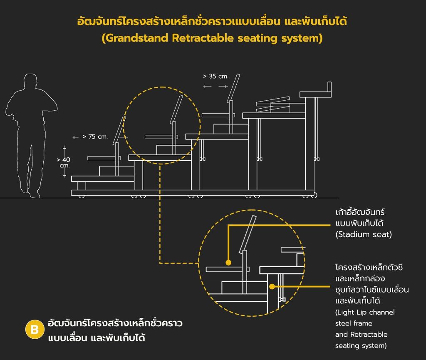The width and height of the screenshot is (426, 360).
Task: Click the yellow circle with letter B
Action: click(35, 330)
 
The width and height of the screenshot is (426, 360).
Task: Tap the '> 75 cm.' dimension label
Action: click(95, 137)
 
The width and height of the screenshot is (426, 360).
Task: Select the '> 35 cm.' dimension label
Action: click(216, 76)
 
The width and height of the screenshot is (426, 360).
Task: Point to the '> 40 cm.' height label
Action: click(64, 162)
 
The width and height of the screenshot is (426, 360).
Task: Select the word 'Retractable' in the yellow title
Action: click(203, 38)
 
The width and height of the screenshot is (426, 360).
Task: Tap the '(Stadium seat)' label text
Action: click(364, 234)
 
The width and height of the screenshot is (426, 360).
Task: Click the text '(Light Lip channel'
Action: click(365, 312)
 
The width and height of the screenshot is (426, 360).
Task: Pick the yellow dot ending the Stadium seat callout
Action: click(228, 263)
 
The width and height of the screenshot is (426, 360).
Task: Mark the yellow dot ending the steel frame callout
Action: click(272, 286)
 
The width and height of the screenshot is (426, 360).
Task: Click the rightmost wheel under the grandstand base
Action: click(314, 195)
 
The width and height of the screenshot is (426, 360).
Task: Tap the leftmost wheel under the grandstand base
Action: click(81, 196)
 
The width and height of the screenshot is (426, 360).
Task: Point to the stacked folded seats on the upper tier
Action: click(273, 104)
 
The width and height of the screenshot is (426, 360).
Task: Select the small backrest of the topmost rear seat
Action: click(329, 87)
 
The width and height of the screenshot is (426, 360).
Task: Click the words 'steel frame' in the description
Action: click(354, 323)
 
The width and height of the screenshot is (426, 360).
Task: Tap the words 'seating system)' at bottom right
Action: click(361, 345)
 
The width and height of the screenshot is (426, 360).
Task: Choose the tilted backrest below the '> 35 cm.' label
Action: click(233, 88)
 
